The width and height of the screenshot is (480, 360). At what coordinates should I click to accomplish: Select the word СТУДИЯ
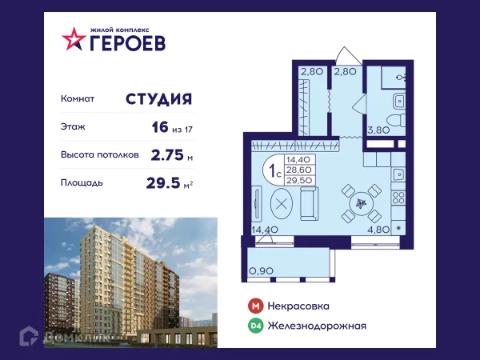click(x=158, y=99)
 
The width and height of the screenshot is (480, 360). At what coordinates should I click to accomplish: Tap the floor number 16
click(x=159, y=126)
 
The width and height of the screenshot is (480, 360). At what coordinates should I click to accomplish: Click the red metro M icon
click(x=255, y=306)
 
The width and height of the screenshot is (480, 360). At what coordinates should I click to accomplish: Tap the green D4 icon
click(x=255, y=326)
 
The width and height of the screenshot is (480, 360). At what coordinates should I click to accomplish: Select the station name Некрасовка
click(x=299, y=306)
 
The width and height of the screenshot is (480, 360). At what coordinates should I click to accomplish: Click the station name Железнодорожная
click(x=318, y=326)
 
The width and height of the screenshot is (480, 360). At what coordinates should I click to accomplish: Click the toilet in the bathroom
click(x=398, y=102)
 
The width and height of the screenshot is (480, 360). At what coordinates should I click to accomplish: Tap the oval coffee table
click(x=282, y=203)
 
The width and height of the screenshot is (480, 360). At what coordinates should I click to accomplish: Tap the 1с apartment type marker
click(x=274, y=170)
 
